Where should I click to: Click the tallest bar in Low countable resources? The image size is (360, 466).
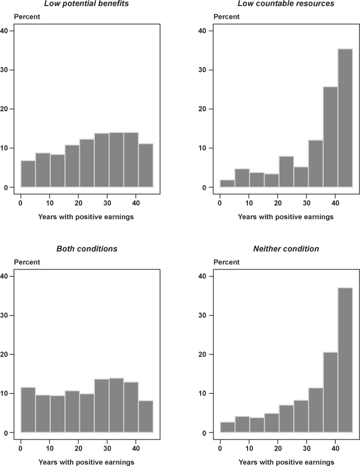click(x=345, y=118)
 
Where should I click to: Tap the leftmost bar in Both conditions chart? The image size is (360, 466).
click(x=28, y=410)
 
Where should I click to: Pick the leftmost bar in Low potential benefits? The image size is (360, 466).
click(x=28, y=174)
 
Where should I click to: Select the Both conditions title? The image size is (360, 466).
click(x=87, y=248)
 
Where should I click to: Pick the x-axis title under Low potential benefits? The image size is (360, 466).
click(x=86, y=216)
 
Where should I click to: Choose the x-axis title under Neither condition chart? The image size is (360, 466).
click(x=286, y=462)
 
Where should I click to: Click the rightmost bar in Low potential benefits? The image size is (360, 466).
click(x=146, y=166)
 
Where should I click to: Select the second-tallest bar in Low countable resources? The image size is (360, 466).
click(x=330, y=137)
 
